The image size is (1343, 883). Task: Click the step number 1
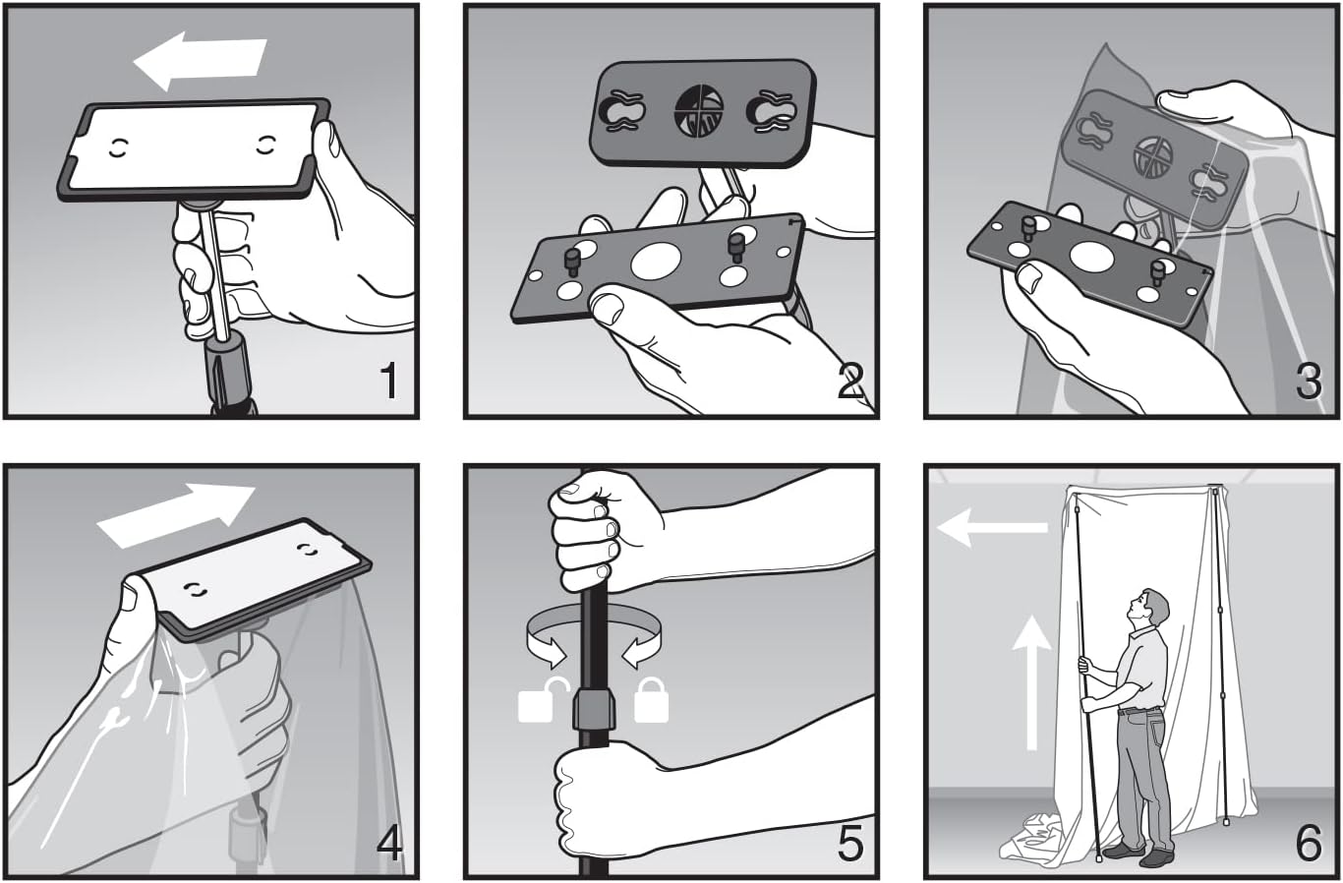(x=389, y=382)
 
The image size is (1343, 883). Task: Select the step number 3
(x=1310, y=382)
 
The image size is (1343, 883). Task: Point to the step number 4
(x=390, y=842)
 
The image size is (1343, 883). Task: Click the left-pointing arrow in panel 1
(x=200, y=61)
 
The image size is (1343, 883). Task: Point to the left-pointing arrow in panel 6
(x=992, y=527)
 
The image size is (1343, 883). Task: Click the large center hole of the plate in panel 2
(x=656, y=262)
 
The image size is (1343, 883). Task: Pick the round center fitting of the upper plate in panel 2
(x=698, y=110)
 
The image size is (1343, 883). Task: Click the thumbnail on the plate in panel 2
(x=607, y=308)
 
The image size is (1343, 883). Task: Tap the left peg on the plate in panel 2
(x=571, y=262)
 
